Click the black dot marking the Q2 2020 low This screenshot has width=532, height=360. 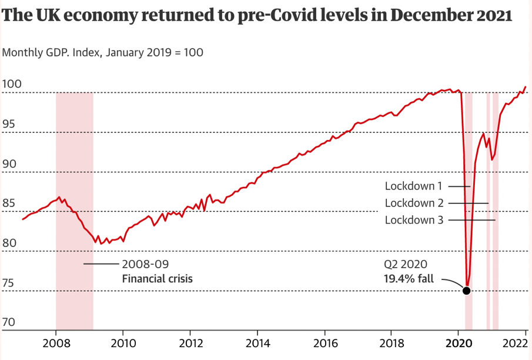(467, 291)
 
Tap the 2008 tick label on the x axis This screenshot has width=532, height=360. (56, 344)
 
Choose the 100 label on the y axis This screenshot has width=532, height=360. (12, 84)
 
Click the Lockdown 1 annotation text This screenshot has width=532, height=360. (413, 186)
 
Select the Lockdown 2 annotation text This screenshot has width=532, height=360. (413, 203)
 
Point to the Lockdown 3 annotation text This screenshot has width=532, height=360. (413, 220)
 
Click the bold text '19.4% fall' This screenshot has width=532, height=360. (408, 279)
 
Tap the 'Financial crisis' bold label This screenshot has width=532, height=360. (157, 278)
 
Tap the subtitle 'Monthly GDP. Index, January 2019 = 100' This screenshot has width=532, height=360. (103, 52)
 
